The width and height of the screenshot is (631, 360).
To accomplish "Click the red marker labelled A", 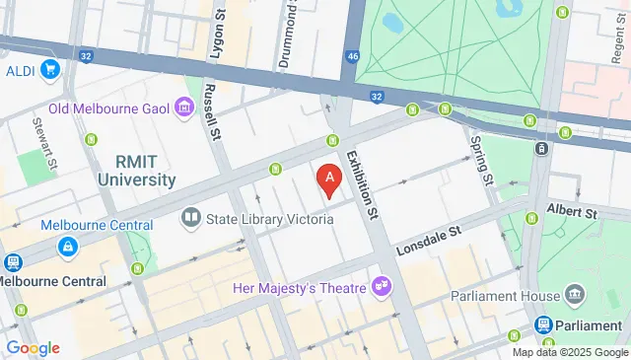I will pyautogui.click(x=329, y=179).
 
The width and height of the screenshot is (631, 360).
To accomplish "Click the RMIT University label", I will pyautogui.click(x=136, y=171).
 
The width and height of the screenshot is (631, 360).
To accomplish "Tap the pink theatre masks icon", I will pyautogui.click(x=380, y=287).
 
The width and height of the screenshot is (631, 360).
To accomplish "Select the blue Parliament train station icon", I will pyautogui.click(x=543, y=324).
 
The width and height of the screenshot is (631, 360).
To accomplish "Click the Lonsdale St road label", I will pyautogui.click(x=429, y=240).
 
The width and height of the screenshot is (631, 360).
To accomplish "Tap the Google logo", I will pyautogui.click(x=32, y=347).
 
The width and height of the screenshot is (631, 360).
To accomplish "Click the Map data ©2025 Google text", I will pyautogui.click(x=570, y=352).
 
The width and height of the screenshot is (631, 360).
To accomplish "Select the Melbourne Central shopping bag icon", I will pyautogui.click(x=67, y=247).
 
